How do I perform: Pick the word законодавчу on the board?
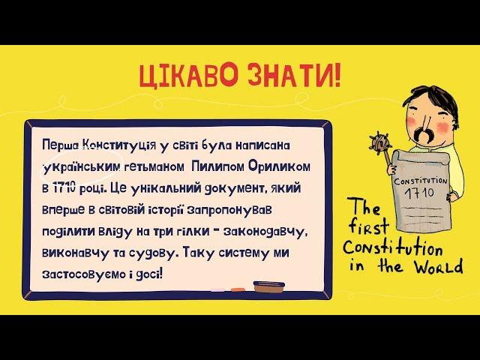click(265, 232)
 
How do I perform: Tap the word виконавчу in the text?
click(75, 253)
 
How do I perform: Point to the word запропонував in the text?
click(228, 211)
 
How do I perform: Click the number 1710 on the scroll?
click(420, 193)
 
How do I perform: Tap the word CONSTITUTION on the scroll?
click(421, 181)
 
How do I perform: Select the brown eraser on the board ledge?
click(269, 287)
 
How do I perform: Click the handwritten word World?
click(439, 266)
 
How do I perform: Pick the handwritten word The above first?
click(364, 208)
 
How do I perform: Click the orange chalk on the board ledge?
click(238, 289)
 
